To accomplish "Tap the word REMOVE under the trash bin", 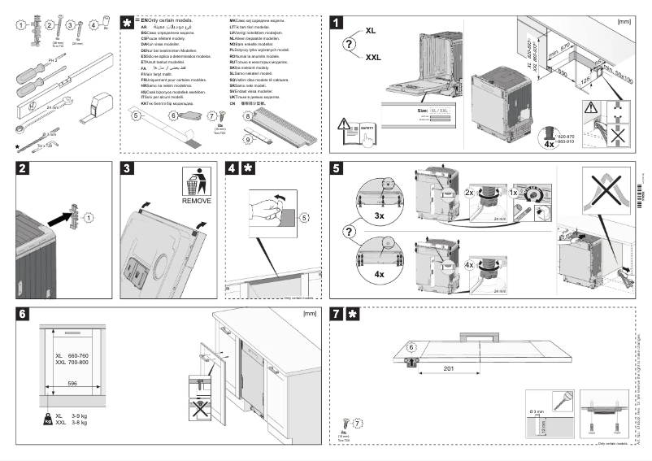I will (x=196, y=200).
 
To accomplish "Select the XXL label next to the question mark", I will (x=373, y=57).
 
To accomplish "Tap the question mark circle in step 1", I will (x=350, y=44).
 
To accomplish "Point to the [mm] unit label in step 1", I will (x=624, y=22).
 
